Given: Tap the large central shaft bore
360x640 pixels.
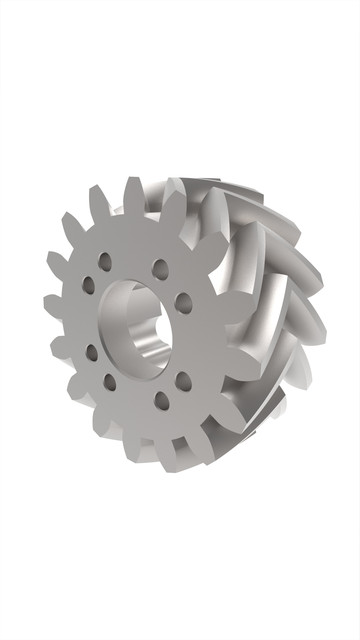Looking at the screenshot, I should point(135,322).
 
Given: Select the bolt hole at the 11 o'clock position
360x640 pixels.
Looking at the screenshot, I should point(105,262).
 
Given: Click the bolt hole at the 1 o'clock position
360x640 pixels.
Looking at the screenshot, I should point(159,268).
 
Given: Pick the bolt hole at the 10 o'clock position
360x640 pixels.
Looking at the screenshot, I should point(88,285).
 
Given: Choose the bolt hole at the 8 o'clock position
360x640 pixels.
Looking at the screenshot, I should point(91,351).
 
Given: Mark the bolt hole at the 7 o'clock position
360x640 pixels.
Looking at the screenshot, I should point(109,381).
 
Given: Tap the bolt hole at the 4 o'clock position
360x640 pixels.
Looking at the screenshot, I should point(184,380).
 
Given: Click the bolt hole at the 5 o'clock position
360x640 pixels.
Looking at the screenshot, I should point(162,402).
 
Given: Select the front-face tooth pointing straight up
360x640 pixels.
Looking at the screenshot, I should point(132,194).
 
